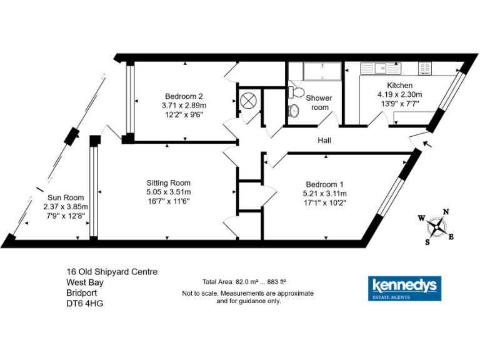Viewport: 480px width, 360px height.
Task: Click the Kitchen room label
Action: [399, 85]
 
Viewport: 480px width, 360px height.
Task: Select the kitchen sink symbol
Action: [382, 67]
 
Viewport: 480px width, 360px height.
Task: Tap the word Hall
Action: [324, 141]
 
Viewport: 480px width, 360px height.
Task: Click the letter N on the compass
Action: [446, 212]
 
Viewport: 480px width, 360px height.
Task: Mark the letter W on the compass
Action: [421, 218]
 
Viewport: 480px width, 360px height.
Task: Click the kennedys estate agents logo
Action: [404, 288]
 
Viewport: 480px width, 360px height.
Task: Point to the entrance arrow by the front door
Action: [427, 146]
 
